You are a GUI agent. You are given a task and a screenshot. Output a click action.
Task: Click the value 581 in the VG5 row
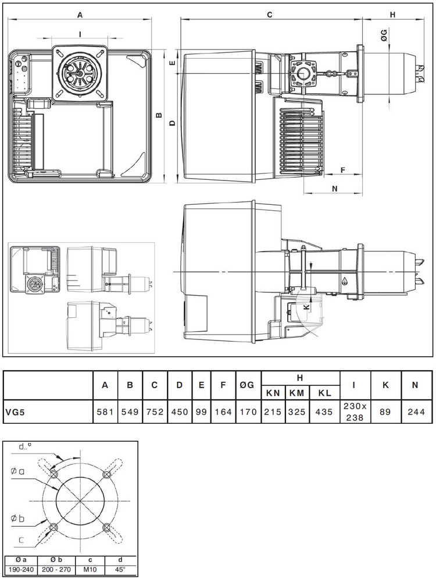pyautogui.click(x=105, y=412)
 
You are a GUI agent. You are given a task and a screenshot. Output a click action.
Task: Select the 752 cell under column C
pyautogui.click(x=155, y=412)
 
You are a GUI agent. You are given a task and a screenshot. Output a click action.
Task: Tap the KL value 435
pyautogui.click(x=324, y=412)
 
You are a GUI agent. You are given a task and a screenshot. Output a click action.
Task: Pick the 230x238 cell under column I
pyautogui.click(x=355, y=412)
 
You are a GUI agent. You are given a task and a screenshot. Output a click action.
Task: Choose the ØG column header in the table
pyautogui.click(x=248, y=385)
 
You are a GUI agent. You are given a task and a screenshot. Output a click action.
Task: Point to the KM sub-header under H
pyautogui.click(x=297, y=393)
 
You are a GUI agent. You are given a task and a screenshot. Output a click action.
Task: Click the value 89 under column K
pyautogui.click(x=385, y=412)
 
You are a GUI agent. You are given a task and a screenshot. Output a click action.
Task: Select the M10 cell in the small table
pyautogui.click(x=90, y=569)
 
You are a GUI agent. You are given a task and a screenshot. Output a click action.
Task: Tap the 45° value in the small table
pyautogui.click(x=120, y=569)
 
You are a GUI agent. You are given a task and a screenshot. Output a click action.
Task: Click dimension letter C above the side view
pyautogui.click(x=270, y=15)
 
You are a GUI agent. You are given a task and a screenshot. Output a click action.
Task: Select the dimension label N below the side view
pyautogui.click(x=335, y=189)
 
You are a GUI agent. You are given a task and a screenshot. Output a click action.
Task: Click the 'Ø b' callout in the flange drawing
pyautogui.click(x=17, y=519)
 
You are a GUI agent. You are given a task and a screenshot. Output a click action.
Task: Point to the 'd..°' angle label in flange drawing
pyautogui.click(x=25, y=447)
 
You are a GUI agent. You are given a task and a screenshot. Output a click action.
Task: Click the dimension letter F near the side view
pyautogui.click(x=343, y=170)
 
